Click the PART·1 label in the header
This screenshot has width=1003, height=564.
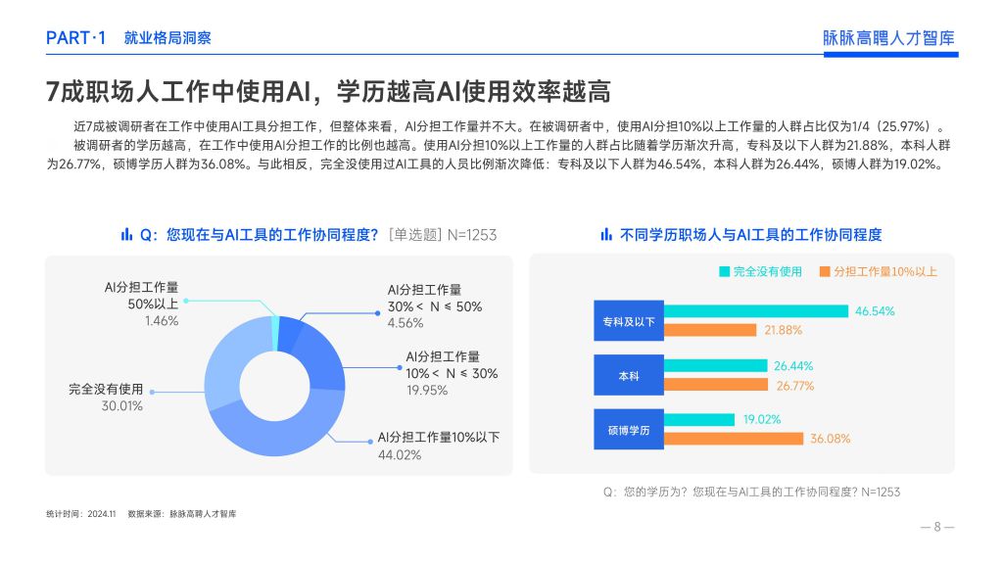click(75, 38)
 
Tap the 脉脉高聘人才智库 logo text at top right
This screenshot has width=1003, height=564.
click(888, 38)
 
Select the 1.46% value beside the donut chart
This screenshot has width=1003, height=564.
click(162, 321)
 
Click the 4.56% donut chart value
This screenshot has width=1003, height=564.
click(406, 323)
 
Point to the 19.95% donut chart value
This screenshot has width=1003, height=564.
click(427, 390)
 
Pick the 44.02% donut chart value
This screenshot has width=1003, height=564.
click(400, 455)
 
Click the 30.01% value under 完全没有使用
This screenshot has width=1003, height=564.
click(122, 406)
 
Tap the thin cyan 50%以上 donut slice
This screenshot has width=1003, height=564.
click(275, 333)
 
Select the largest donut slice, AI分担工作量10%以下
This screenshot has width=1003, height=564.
click(275, 435)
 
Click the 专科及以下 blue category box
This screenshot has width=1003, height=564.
click(629, 321)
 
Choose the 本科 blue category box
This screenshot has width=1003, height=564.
click(629, 375)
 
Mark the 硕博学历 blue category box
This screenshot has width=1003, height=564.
click(629, 430)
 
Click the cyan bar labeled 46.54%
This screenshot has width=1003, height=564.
click(756, 311)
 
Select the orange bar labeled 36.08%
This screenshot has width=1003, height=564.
click(733, 439)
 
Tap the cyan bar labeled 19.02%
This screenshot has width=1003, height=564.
click(699, 419)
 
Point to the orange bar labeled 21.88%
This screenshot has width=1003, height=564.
click(710, 330)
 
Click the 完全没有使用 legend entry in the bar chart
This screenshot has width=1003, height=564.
click(760, 272)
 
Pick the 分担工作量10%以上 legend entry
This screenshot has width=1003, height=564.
click(879, 272)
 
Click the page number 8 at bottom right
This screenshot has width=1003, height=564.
click(937, 527)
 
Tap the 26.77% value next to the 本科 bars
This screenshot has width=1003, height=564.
click(795, 386)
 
